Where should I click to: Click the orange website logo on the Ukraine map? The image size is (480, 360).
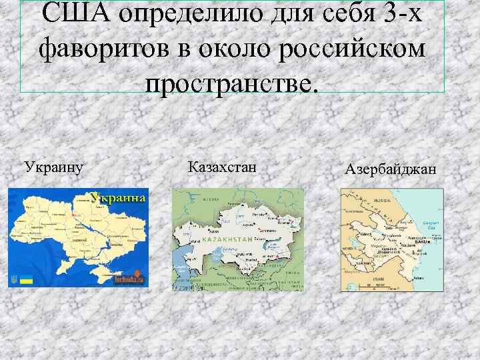click(129, 278)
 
